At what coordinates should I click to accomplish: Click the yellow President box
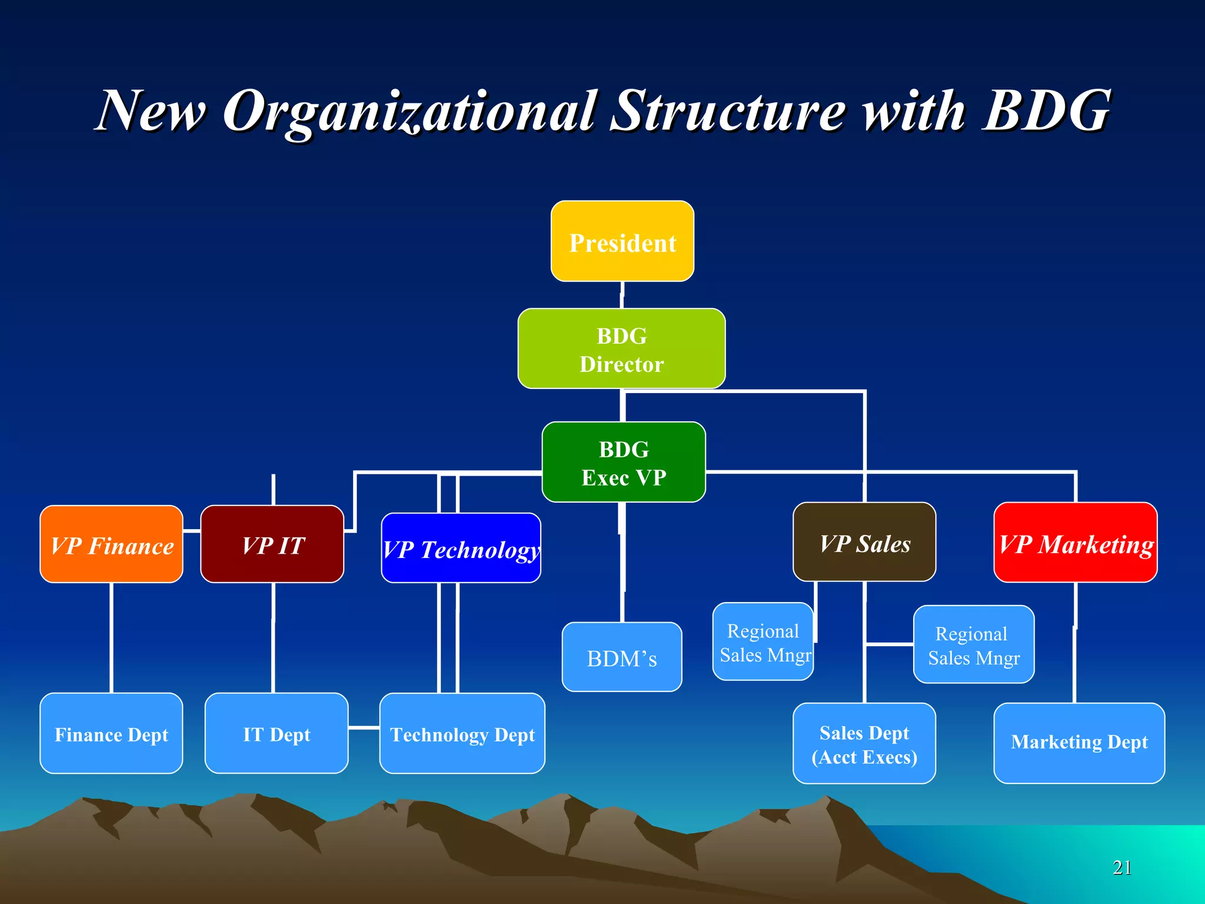pyautogui.click(x=622, y=241)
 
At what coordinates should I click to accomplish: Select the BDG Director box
pyautogui.click(x=621, y=349)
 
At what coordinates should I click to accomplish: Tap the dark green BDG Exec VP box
pyautogui.click(x=623, y=462)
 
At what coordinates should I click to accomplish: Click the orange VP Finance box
pyautogui.click(x=111, y=544)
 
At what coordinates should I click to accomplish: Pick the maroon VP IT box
pyautogui.click(x=272, y=544)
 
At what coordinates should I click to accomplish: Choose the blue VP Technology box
pyautogui.click(x=461, y=549)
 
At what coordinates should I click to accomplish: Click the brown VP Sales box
pyautogui.click(x=864, y=542)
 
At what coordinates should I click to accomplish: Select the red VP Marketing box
pyautogui.click(x=1075, y=543)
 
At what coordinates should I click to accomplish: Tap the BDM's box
pyautogui.click(x=621, y=657)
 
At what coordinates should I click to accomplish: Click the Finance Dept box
pyautogui.click(x=111, y=733)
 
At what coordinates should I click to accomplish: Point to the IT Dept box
pyautogui.click(x=276, y=733)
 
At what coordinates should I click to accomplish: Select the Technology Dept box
pyautogui.click(x=462, y=733)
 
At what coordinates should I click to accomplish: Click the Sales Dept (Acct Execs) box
pyautogui.click(x=864, y=743)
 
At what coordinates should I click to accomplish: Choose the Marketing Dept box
pyautogui.click(x=1078, y=743)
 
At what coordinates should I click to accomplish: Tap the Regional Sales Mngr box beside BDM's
pyautogui.click(x=763, y=642)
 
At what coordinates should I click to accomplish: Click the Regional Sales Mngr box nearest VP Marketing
pyautogui.click(x=973, y=644)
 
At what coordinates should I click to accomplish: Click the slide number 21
pyautogui.click(x=1121, y=868)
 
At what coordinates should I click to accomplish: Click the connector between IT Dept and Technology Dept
pyautogui.click(x=364, y=728)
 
